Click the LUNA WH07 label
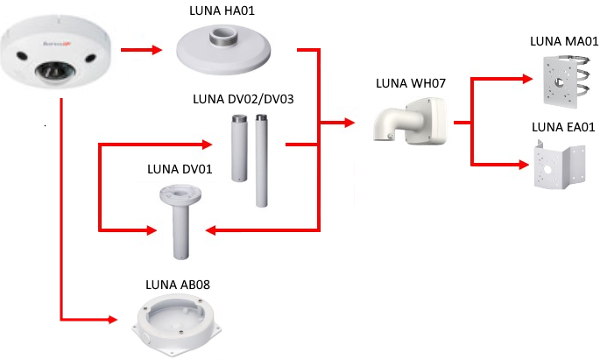click(411, 84)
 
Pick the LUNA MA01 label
click(564, 41)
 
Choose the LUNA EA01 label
click(564, 128)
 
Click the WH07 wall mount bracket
click(410, 120)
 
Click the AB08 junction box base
click(176, 323)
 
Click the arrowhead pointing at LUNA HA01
click(158, 49)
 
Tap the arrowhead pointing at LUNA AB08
click(113, 319)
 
